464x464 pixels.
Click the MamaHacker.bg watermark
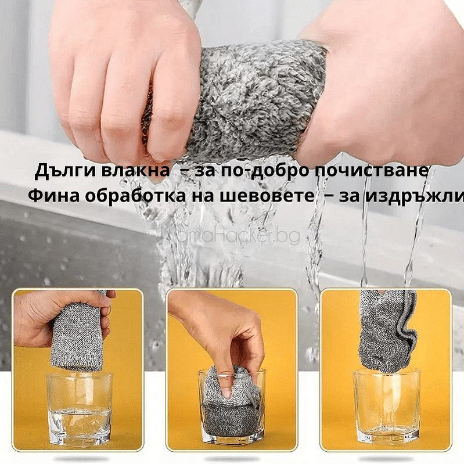click(231, 235)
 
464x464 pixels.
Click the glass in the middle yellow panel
click(231, 407)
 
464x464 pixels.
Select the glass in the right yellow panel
click(386, 407)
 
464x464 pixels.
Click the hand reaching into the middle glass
click(221, 331)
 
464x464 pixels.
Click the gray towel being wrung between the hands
click(256, 99)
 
